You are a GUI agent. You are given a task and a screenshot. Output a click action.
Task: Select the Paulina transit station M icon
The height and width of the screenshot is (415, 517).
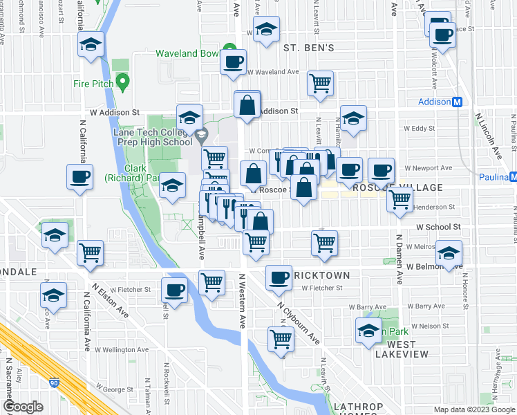coord(512,177)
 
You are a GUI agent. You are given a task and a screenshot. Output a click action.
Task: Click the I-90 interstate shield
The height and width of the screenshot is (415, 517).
coord(55,382)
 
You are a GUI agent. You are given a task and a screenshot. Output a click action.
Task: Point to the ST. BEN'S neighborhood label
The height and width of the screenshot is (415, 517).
coord(309,48)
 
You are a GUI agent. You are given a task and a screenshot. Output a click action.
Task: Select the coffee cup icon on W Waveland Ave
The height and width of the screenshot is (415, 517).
coord(233,62)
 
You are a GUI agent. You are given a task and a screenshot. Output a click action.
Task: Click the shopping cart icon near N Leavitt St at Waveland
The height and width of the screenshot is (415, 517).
coord(321,83)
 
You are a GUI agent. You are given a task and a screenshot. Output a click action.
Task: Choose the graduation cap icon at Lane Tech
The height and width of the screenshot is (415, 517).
coord(189,116)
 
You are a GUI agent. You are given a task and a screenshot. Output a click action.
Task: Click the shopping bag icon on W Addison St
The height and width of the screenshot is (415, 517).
coord(247,105)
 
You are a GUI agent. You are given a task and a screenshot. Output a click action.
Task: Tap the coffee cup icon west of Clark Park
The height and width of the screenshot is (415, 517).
coord(79,176)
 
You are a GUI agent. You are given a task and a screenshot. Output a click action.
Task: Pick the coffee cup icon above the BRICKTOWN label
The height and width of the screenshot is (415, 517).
coord(279,277)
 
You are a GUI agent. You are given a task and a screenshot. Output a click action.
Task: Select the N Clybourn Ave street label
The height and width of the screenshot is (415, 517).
coord(299,324)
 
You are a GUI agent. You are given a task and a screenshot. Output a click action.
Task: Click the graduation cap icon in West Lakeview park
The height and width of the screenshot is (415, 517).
coord(368,330)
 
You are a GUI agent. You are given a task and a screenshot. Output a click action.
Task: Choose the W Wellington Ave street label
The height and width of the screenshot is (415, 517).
coord(122,350)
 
